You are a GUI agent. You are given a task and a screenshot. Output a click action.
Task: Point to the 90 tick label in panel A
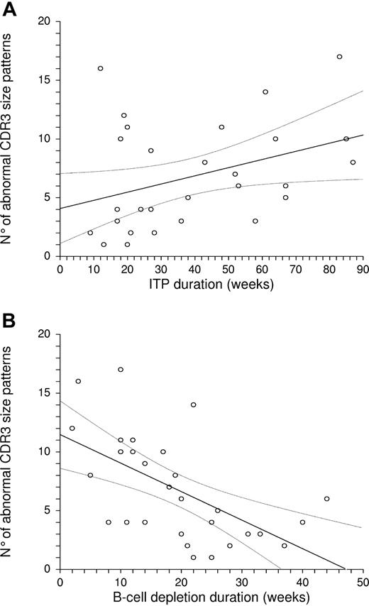(362, 270)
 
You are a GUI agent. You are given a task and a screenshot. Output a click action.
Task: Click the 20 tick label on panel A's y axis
(43, 21)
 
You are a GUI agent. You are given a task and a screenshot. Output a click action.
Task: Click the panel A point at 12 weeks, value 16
(100, 68)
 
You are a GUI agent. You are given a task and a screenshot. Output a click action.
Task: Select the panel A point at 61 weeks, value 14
(265, 92)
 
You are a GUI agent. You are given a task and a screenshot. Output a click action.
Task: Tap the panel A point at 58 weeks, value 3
(255, 221)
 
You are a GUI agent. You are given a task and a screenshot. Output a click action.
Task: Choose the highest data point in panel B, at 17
(121, 369)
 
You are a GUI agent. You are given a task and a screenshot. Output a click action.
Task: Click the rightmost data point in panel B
(326, 499)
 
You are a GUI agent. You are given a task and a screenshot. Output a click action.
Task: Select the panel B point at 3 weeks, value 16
(78, 381)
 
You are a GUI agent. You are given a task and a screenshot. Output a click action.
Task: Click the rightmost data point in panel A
(353, 162)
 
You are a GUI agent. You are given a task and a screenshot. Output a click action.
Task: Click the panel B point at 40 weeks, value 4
(302, 522)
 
